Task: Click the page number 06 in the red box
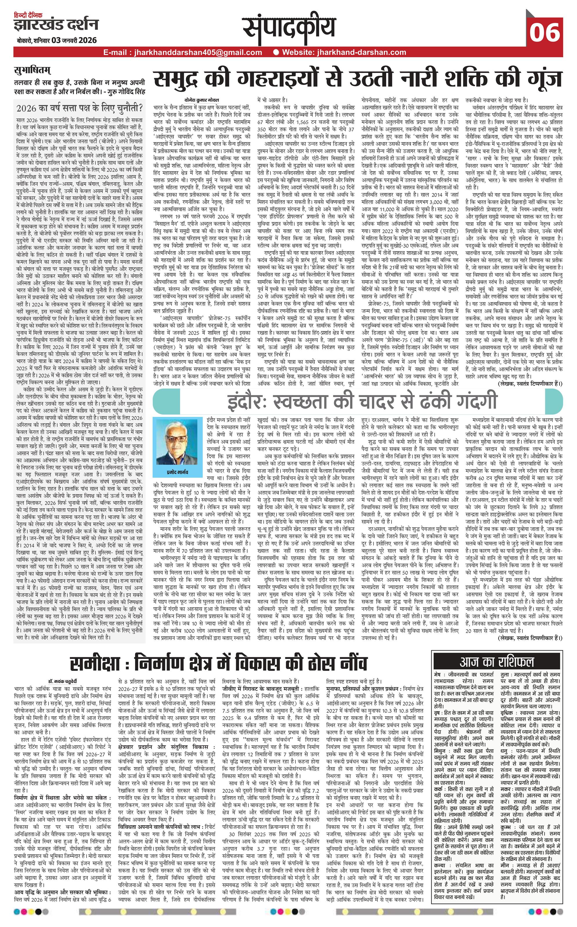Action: [x=544, y=33]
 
